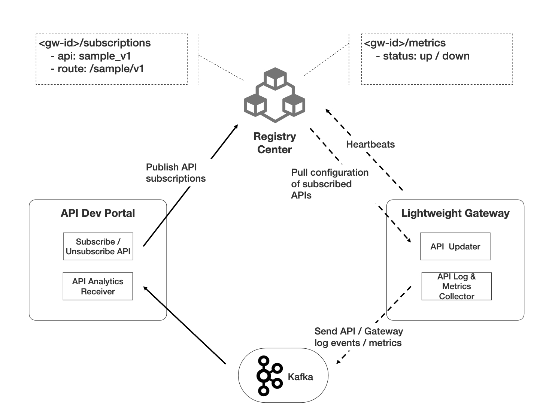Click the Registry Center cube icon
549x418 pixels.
click(274, 95)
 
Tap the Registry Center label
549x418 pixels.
click(274, 143)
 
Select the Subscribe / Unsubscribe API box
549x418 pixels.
click(98, 246)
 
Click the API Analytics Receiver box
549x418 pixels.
click(98, 286)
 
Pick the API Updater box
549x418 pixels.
click(455, 246)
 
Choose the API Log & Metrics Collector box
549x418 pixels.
click(456, 286)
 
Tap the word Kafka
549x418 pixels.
click(300, 377)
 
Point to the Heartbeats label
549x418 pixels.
click(370, 144)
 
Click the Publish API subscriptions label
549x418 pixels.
click(176, 173)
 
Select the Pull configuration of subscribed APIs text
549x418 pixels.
click(330, 184)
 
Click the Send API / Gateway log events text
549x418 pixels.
click(358, 337)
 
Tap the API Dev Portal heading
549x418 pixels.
click(98, 213)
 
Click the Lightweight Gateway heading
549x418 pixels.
click(455, 213)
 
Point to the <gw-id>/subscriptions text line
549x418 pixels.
click(95, 43)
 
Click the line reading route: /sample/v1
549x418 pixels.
click(97, 69)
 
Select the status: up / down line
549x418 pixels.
click(422, 56)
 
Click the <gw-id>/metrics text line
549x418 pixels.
click(405, 43)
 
